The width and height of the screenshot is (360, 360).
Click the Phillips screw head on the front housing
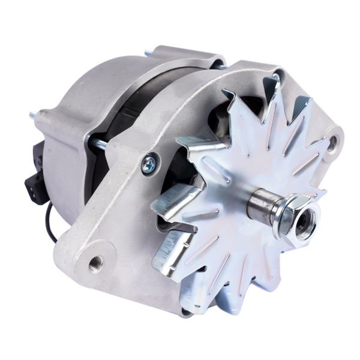tap(148, 163)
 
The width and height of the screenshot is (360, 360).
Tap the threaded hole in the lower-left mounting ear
tap(94, 262)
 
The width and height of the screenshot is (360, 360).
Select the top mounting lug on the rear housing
tap(180, 57)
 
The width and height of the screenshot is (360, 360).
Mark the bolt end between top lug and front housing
tap(220, 68)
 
